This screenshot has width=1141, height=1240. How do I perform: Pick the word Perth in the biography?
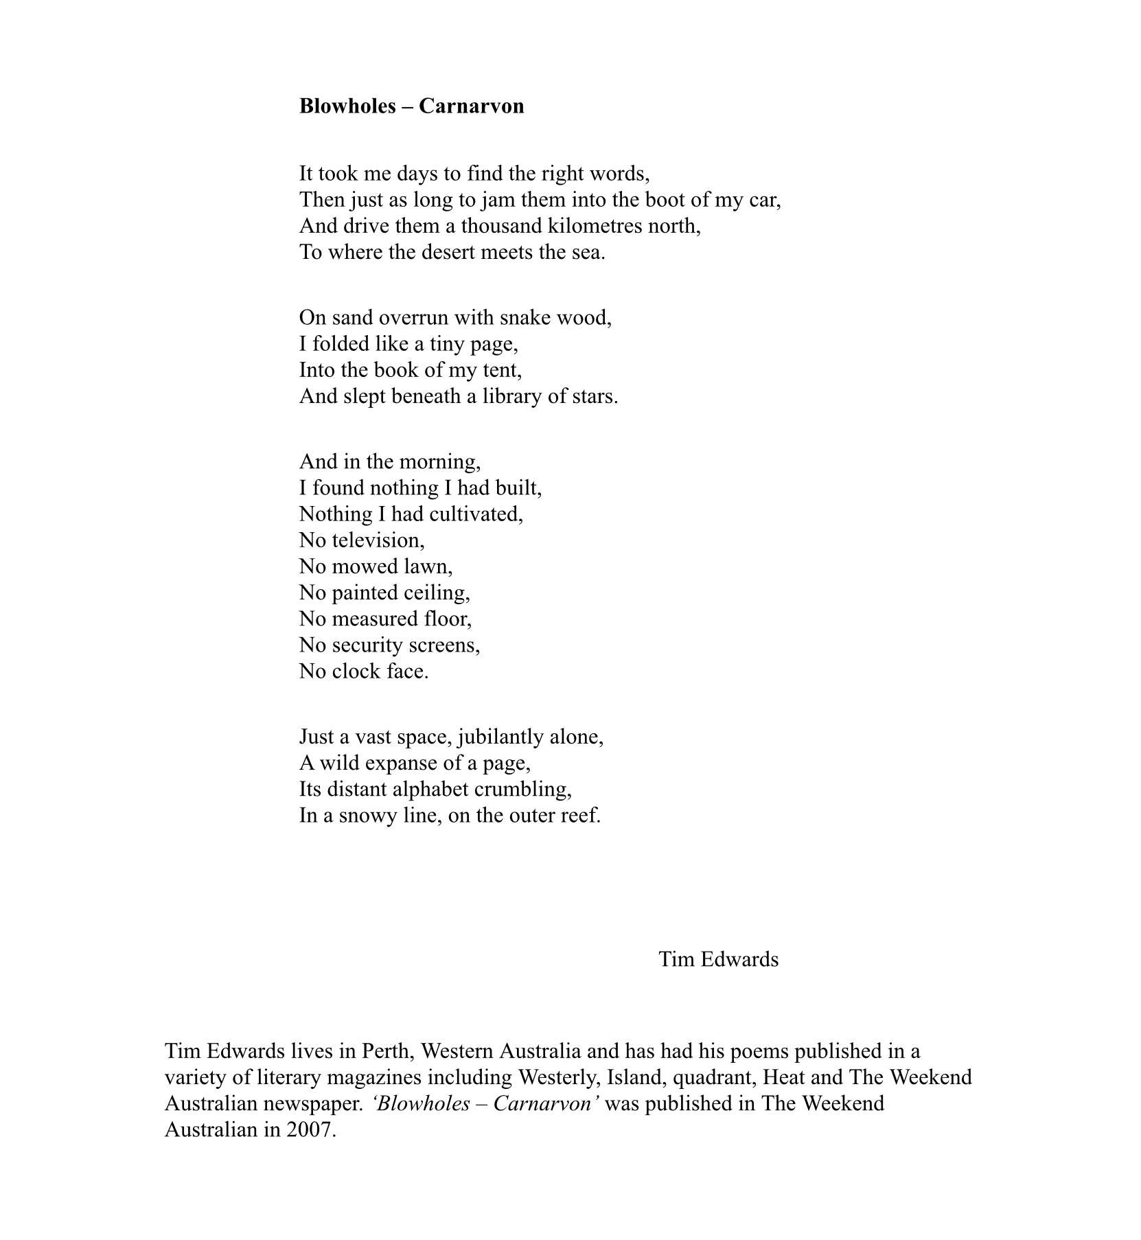[x=387, y=1050]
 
